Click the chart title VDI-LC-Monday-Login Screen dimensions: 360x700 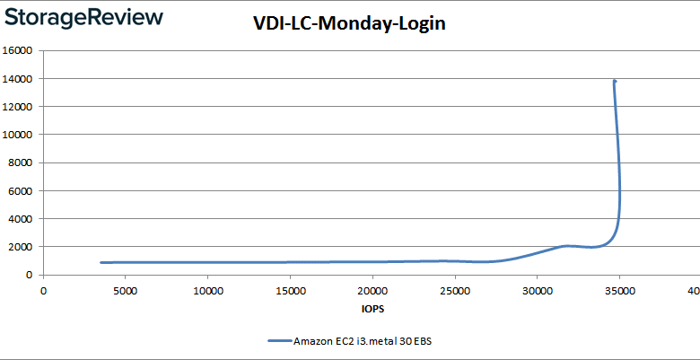tap(349, 25)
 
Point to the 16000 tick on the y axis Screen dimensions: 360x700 tap(20, 51)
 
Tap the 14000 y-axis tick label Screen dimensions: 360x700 tap(20, 79)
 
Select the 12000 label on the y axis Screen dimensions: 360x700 tap(20, 107)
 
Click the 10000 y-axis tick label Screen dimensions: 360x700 tap(20, 135)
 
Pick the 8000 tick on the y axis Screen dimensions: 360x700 tap(22, 162)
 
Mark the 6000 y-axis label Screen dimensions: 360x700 tap(22, 190)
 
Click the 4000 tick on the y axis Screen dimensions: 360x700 tap(22, 218)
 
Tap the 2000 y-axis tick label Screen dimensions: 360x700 tap(22, 247)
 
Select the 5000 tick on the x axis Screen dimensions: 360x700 tap(126, 291)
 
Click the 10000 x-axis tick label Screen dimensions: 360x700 tap(208, 291)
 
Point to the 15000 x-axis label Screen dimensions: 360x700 tap(290, 291)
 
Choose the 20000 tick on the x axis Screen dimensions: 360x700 tap(372, 291)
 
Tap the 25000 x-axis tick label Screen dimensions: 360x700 tap(455, 291)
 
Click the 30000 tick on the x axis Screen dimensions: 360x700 tap(537, 291)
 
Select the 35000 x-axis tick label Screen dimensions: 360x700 tap(619, 291)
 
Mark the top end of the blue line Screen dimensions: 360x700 tap(615, 81)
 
